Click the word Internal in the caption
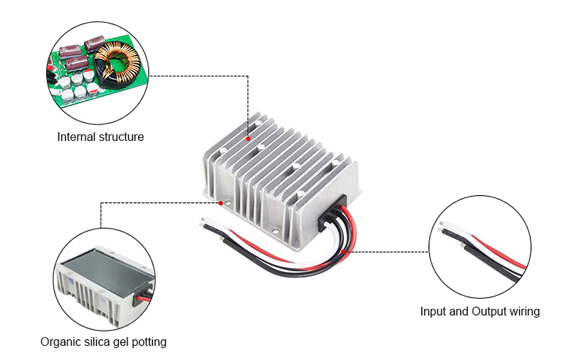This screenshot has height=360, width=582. coord(76,137)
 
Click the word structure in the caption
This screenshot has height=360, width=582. coord(121,137)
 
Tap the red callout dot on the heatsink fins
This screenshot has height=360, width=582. coord(248,139)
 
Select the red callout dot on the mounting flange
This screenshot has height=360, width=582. coord(221,203)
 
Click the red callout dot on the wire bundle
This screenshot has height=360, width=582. coord(343,251)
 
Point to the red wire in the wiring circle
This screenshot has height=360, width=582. coord(499,253)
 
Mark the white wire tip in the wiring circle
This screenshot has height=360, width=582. coord(442,223)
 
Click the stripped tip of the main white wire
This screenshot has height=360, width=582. coord(202,220)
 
